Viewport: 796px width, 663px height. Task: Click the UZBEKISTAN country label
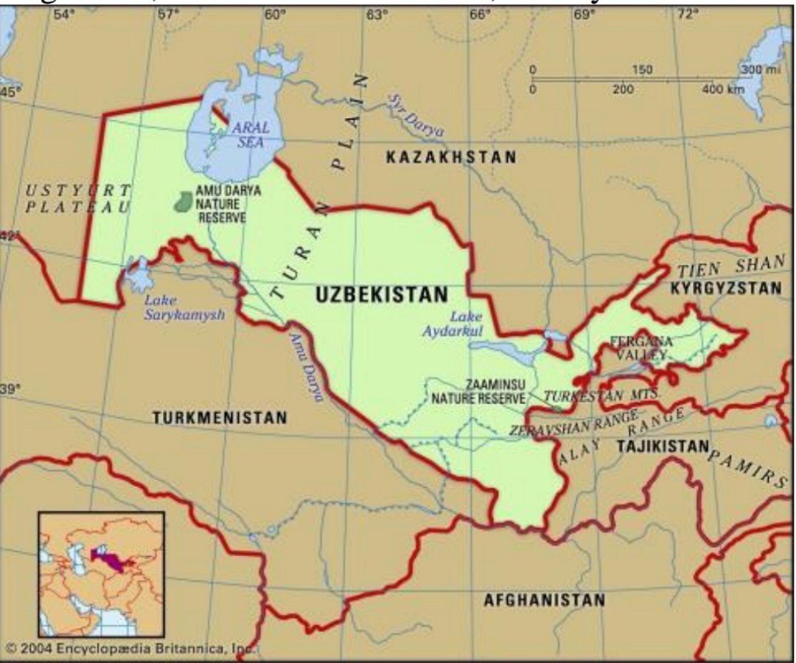[x=381, y=294]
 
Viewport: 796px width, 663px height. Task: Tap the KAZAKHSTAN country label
[x=451, y=157]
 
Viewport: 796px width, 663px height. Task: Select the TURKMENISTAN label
[x=220, y=418]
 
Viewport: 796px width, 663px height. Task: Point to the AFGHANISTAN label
[x=544, y=600]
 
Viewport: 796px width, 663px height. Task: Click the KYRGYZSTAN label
[x=725, y=288]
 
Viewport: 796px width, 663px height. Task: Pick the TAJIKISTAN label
[x=663, y=446]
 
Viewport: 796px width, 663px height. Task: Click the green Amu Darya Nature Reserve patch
[x=183, y=201]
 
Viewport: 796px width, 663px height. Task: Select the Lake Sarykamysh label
[x=184, y=307]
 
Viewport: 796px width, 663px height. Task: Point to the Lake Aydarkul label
[x=453, y=324]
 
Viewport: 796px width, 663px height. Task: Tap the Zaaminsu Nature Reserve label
[x=478, y=392]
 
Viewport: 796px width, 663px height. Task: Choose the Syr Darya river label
[x=417, y=117]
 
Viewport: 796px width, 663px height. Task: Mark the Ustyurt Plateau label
[x=77, y=198]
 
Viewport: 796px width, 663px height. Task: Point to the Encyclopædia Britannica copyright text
[x=129, y=648]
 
